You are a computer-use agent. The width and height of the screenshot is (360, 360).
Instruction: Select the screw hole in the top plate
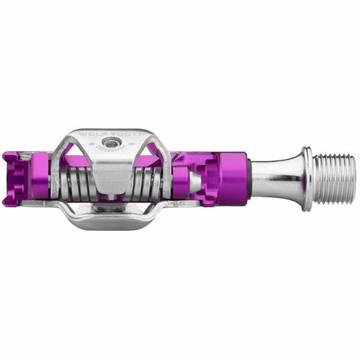114,144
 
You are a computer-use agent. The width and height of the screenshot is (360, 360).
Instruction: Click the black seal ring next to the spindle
249,179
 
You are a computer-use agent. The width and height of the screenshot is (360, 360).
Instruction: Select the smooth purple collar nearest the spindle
231,179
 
